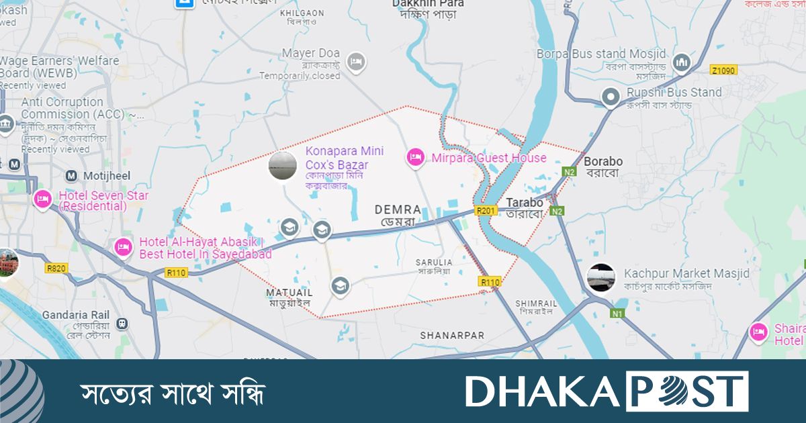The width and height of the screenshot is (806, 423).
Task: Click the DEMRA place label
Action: pos(398,209)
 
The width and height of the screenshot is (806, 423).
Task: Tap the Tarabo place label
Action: pos(524,202)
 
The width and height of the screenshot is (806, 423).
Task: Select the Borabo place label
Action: pos(602,161)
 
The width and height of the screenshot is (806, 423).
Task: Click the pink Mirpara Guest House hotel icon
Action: pos(416,158)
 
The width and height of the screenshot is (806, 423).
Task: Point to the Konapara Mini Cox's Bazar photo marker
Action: pos(282,166)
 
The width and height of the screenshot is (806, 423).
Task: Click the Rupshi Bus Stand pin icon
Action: pos(611,97)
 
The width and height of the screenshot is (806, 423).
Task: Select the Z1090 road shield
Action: pos(723,70)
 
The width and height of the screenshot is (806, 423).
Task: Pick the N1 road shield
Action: pos(617,313)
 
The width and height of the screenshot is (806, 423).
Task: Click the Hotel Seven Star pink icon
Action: pos(42,199)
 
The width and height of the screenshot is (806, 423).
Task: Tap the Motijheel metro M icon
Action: pos(71,176)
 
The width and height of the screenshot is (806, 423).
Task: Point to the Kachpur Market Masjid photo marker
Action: pos(600,277)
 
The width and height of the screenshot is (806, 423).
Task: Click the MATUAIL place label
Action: pos(289,293)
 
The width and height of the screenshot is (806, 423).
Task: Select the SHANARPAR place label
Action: pos(452,334)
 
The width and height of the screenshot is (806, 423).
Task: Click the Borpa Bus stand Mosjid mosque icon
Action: pos(682,61)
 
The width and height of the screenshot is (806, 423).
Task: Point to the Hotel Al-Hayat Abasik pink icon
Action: pos(123,248)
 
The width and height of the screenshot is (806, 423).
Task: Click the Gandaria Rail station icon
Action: pos(120,323)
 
